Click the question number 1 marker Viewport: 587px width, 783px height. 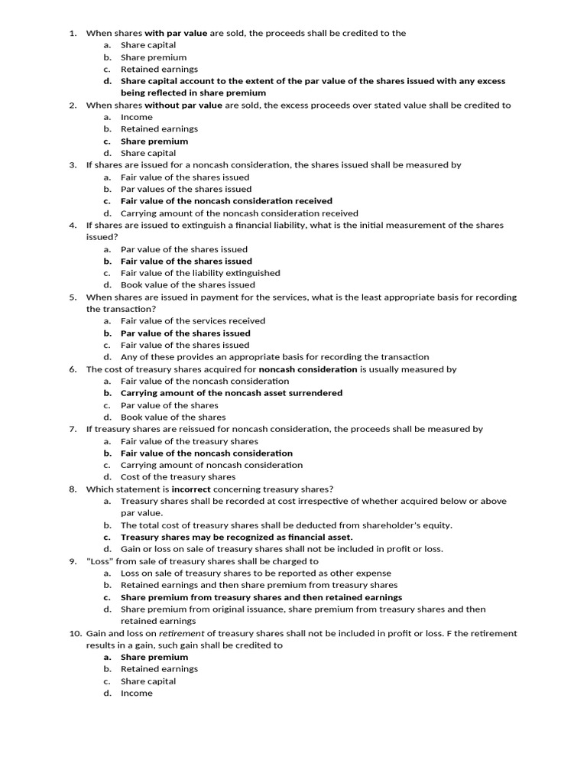pyautogui.click(x=73, y=33)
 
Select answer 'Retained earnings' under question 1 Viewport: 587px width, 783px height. pyautogui.click(x=159, y=69)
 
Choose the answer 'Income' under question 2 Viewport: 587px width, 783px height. pyautogui.click(x=137, y=117)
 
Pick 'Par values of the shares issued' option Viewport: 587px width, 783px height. pyautogui.click(x=186, y=189)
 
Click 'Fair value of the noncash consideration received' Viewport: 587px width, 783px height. pyautogui.click(x=226, y=201)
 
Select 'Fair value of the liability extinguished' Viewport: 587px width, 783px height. pyautogui.click(x=200, y=273)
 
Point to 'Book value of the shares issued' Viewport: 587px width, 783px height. pyautogui.click(x=188, y=284)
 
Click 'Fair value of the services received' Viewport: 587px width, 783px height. pyautogui.click(x=193, y=321)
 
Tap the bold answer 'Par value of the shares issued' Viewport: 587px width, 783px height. pyautogui.click(x=186, y=333)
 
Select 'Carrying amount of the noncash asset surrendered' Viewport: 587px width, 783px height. pyautogui.click(x=232, y=393)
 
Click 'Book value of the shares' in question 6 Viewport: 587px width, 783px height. pyautogui.click(x=173, y=417)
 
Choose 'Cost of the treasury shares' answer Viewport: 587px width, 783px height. pyautogui.click(x=178, y=477)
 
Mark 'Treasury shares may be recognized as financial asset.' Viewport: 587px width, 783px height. pyautogui.click(x=237, y=538)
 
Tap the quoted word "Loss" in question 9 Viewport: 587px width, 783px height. pyautogui.click(x=99, y=561)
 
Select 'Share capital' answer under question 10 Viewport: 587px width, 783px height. pyautogui.click(x=148, y=681)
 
